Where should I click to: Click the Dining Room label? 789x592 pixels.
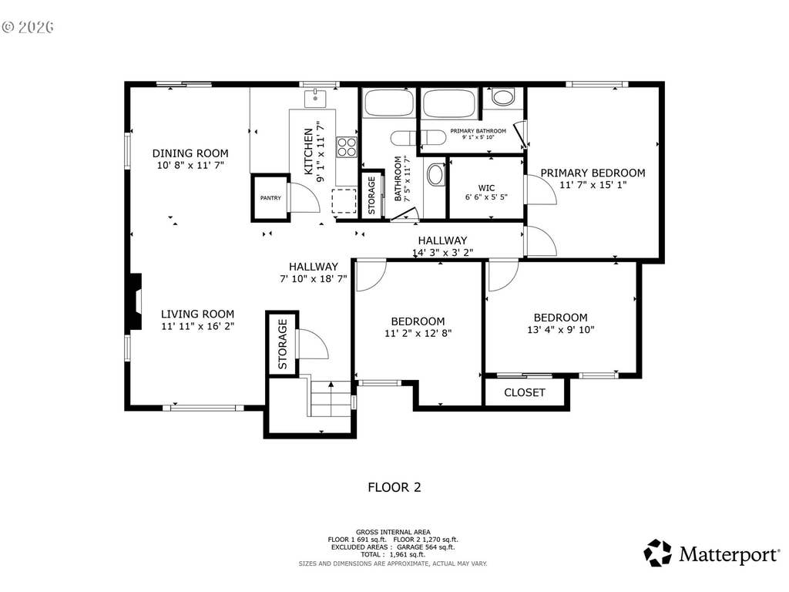[x=190, y=153]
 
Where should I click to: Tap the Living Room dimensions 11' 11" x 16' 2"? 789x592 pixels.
[x=198, y=326]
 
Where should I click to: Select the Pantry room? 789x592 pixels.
[x=270, y=198]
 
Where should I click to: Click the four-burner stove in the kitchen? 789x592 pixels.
[x=347, y=147]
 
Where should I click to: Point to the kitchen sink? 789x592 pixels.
[x=315, y=98]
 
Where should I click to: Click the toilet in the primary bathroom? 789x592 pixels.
[x=503, y=96]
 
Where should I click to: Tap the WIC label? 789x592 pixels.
[x=487, y=188]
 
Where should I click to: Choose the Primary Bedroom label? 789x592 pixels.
[x=593, y=173]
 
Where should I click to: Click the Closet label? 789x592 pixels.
[x=524, y=392]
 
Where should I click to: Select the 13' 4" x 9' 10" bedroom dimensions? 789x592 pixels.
[x=561, y=330]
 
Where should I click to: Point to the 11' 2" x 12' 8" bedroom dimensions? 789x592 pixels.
[x=418, y=333]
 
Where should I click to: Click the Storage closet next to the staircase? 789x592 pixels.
[x=282, y=344]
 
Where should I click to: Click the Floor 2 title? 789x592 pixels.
[x=394, y=487]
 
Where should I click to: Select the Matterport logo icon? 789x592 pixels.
[x=658, y=553]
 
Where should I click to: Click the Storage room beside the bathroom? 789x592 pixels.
[x=372, y=195]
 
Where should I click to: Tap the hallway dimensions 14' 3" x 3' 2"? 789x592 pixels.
[x=443, y=253]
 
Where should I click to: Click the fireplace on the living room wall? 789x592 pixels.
[x=136, y=302]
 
